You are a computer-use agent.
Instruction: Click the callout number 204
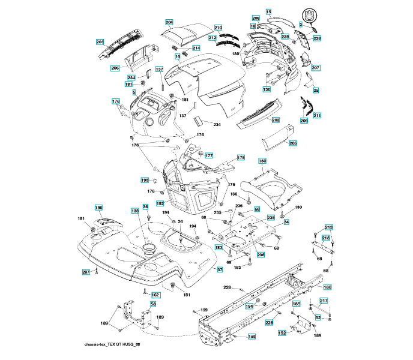pos(169,22)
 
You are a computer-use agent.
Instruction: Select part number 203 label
pos(100,42)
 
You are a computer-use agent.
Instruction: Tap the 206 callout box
pos(115,68)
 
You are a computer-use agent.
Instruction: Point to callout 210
pos(218,28)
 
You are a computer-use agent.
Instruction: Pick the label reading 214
pos(196,47)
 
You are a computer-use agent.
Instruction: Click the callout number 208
pos(255,18)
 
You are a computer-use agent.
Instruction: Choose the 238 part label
pos(317,38)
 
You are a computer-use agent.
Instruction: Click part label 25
pos(316,90)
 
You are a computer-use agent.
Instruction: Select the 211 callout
pos(317,115)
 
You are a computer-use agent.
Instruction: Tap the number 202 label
pos(276,120)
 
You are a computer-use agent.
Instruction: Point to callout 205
pos(293,143)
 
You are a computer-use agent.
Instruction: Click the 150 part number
pos(262,161)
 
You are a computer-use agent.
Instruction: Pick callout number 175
pos(241,157)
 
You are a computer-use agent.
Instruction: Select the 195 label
pos(145,179)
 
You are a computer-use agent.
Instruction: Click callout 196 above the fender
pos(99,208)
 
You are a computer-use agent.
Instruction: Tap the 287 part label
pos(86,272)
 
